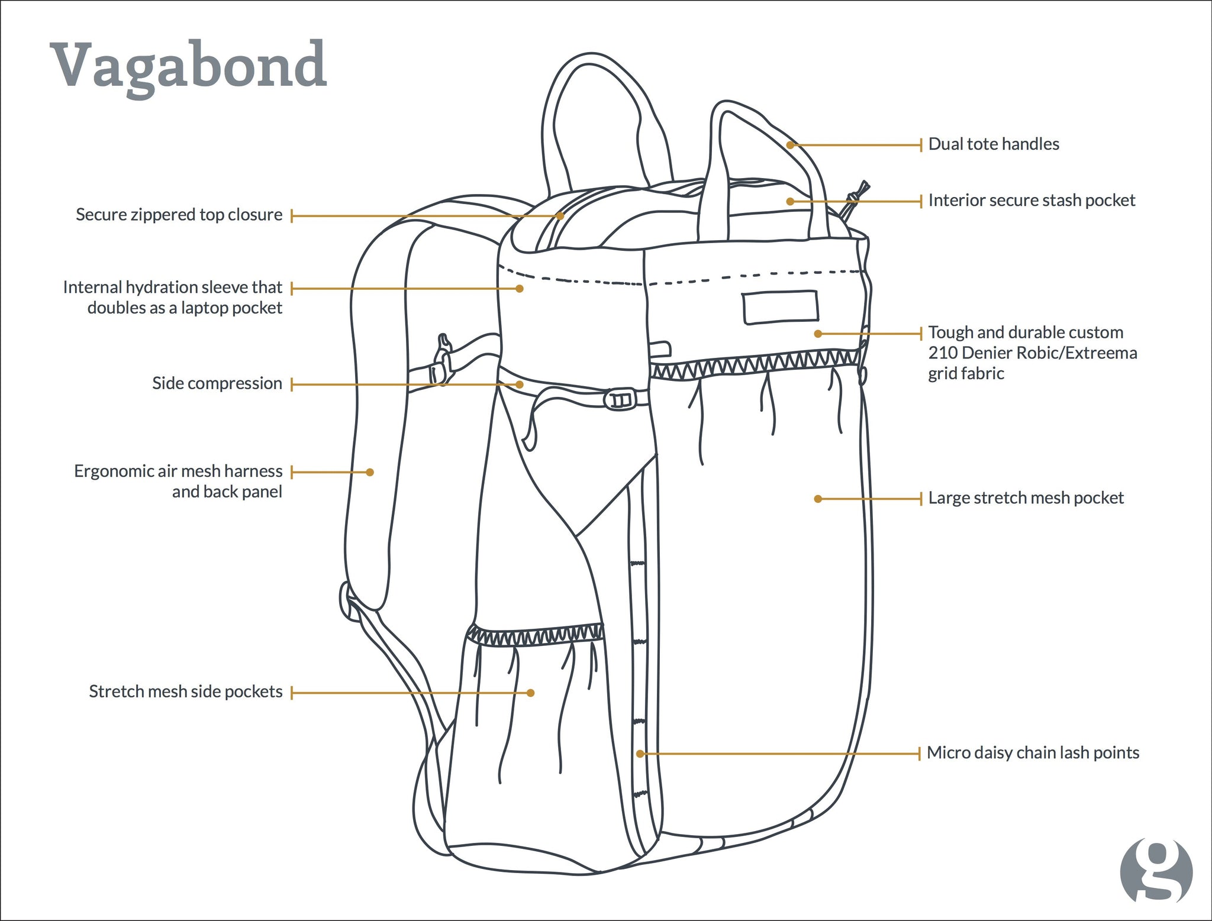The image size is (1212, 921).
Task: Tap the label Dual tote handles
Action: [x=994, y=144]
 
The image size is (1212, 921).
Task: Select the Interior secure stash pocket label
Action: [x=1032, y=200]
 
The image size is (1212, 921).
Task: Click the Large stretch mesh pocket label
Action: [x=1026, y=497]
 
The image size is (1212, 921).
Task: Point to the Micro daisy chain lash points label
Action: [x=1033, y=752]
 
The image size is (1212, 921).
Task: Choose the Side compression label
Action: [x=217, y=383]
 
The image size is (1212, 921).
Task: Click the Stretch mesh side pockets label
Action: [x=186, y=691]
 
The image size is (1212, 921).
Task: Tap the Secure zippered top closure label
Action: [x=179, y=214]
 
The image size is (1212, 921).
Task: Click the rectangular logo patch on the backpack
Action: [x=781, y=307]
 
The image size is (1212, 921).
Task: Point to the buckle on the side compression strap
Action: [x=620, y=399]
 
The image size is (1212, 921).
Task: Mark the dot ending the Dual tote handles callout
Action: [x=790, y=145]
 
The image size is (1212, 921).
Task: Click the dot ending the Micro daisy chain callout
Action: [x=640, y=754]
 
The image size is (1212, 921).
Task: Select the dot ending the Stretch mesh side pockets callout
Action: [x=531, y=693]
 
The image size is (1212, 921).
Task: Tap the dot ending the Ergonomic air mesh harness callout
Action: [x=370, y=472]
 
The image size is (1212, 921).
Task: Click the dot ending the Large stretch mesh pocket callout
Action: [x=818, y=499]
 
